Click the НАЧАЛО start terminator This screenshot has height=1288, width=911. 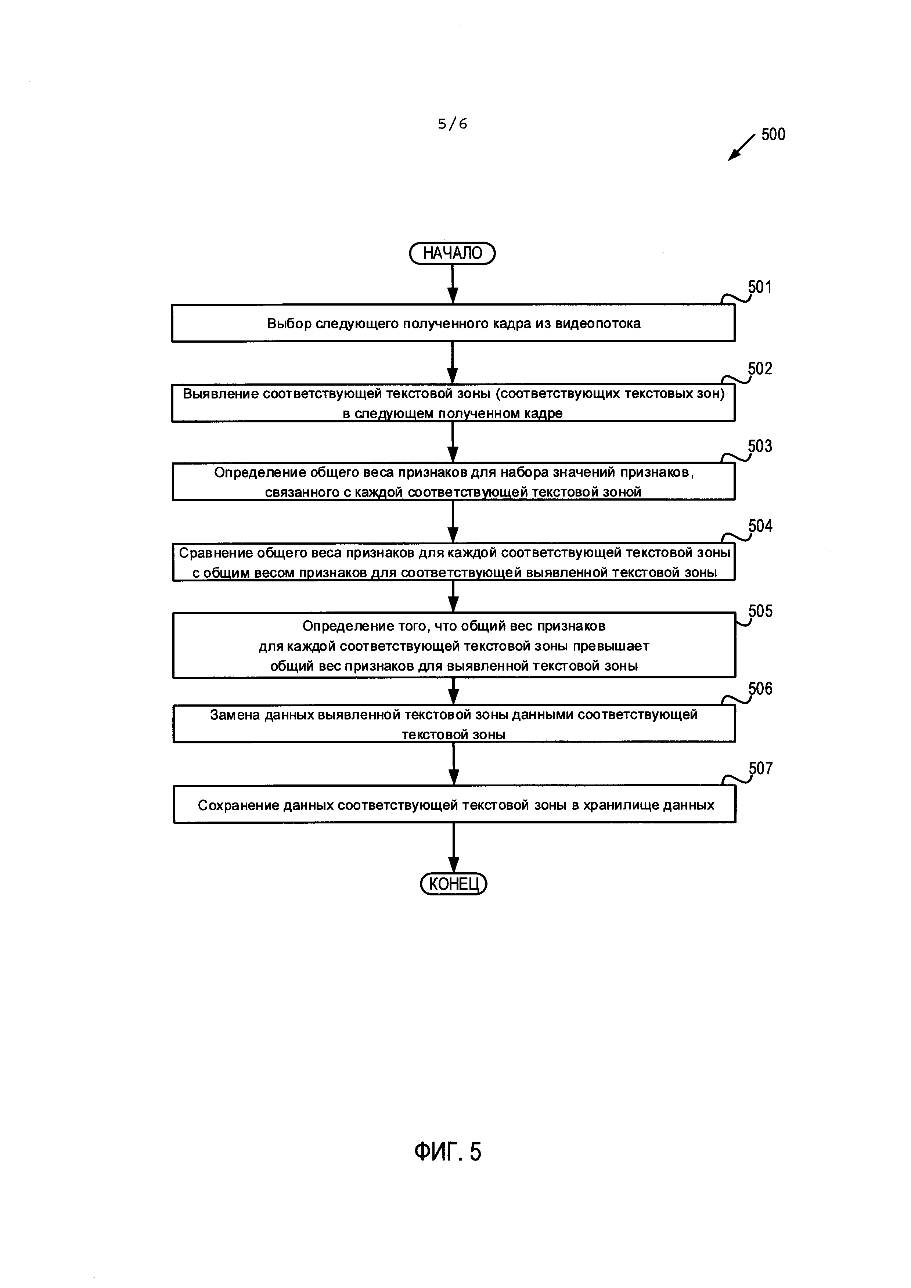point(452,253)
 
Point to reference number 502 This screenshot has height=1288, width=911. point(760,369)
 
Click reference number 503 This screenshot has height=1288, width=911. point(760,447)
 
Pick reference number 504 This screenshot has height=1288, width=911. point(760,526)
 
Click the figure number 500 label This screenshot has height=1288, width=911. point(773,135)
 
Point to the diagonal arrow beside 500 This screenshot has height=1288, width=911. point(742,148)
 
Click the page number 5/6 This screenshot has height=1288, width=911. point(452,123)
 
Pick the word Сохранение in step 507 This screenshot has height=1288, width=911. point(238,805)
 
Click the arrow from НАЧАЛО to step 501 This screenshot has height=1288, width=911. point(453,284)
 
